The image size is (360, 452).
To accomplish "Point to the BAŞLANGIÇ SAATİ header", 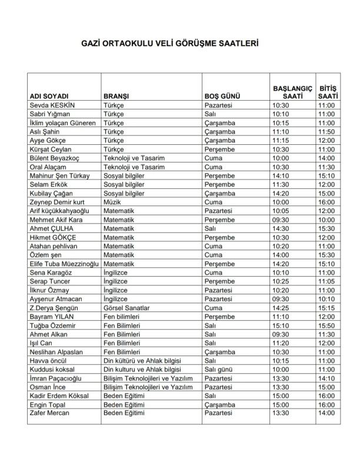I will pos(292,92).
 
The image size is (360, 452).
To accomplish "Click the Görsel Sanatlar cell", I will pos(126,308).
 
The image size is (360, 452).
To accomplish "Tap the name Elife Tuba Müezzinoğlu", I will pos(64,264).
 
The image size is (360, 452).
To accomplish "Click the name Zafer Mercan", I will pos(49,413).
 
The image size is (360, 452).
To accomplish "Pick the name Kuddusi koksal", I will pos(52,369).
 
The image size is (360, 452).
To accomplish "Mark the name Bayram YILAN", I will pos(51,317).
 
